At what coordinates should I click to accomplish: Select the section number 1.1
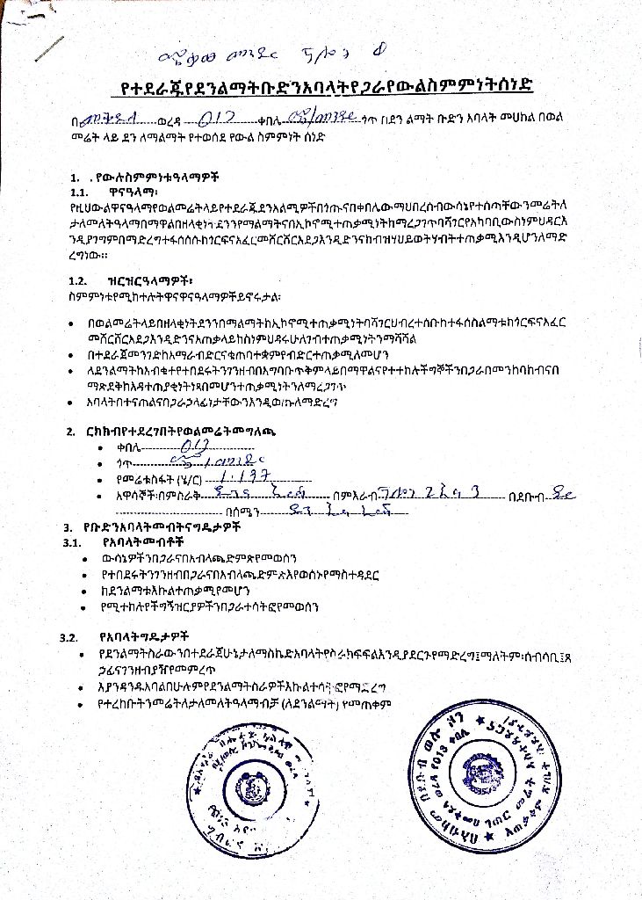pyautogui.click(x=81, y=190)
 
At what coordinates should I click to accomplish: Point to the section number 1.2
pyautogui.click(x=79, y=280)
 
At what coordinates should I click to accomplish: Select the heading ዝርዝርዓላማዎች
pyautogui.click(x=141, y=280)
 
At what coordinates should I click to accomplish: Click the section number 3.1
pyautogui.click(x=72, y=542)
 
